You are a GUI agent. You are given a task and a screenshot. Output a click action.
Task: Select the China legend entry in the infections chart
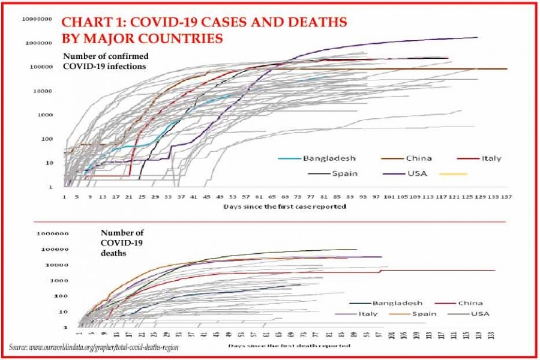[419, 158]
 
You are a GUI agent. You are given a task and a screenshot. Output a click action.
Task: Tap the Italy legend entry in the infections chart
[491, 158]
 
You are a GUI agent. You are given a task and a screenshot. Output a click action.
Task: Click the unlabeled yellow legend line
[452, 174]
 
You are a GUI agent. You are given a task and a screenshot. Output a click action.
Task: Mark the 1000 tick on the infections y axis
[46, 115]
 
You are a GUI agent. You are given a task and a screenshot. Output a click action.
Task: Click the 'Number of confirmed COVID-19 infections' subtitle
[106, 61]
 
